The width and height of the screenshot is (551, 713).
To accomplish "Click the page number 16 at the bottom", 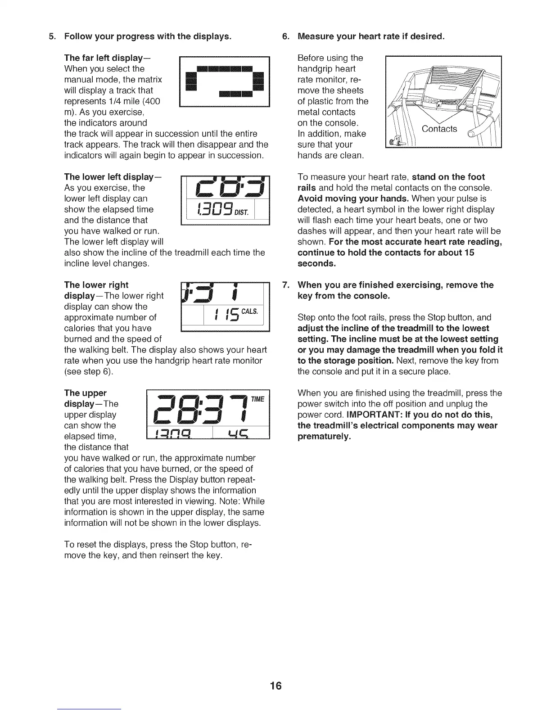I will (275, 686).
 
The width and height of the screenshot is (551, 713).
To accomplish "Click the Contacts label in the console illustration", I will (439, 129).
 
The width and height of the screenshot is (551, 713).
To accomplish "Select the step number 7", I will (285, 285).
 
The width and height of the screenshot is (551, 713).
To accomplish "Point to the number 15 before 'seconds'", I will (469, 253).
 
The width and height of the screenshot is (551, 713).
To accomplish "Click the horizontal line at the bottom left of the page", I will (90, 709).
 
